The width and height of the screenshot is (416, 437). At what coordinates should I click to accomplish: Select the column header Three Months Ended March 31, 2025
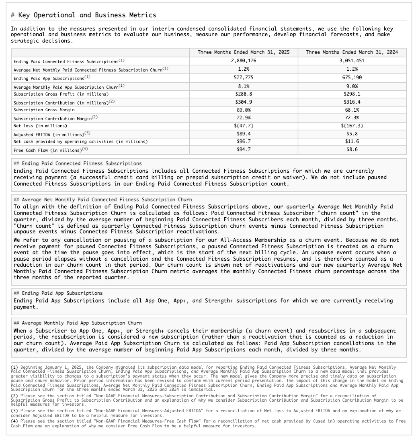[x=244, y=53]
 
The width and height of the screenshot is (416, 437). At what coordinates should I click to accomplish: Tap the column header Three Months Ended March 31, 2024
[x=352, y=53]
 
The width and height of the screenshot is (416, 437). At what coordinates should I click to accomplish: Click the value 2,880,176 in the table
[x=244, y=61]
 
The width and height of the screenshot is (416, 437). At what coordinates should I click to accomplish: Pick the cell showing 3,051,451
[x=352, y=61]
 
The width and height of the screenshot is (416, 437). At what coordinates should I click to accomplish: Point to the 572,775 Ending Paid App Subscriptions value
[x=244, y=78]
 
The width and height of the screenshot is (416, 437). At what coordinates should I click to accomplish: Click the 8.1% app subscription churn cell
[x=244, y=86]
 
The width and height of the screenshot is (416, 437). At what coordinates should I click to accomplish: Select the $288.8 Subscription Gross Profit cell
[x=244, y=94]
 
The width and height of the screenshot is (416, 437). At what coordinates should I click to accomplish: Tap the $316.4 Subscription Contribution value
[x=352, y=102]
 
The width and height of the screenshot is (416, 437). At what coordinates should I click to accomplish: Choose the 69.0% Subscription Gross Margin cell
[x=244, y=110]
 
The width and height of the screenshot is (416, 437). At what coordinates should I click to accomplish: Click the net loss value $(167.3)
[x=352, y=126]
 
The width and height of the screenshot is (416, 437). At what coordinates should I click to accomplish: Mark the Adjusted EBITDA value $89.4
[x=244, y=134]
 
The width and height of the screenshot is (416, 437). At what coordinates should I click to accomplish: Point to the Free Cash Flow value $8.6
[x=352, y=149]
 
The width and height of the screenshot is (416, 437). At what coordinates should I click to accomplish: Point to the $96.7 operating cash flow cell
[x=244, y=141]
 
